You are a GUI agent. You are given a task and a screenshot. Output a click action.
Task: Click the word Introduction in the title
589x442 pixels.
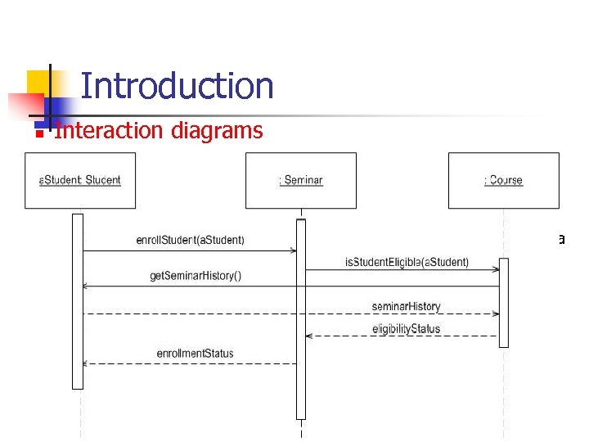pos(177,86)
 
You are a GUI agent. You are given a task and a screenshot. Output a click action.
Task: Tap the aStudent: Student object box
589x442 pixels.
pos(80,180)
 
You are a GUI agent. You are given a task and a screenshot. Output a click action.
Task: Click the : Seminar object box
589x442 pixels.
pos(300,180)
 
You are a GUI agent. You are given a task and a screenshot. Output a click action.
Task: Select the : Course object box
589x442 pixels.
pos(503,180)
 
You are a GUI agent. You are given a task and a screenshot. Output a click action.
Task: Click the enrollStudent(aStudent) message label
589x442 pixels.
pos(190,240)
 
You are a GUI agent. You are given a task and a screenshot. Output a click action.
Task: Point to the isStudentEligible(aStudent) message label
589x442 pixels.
pos(407,262)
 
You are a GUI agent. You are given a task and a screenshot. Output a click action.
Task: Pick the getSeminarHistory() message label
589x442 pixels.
pos(196,276)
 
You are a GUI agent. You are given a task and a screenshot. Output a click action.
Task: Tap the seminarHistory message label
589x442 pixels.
pos(406,306)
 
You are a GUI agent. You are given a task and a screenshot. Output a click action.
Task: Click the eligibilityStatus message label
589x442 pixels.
pos(406,328)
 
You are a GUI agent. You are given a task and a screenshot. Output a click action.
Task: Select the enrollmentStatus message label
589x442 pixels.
pos(195,354)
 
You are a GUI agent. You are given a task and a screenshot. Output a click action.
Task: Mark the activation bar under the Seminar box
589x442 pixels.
pos(300,319)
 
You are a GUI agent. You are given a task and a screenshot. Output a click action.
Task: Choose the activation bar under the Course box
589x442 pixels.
pos(503,302)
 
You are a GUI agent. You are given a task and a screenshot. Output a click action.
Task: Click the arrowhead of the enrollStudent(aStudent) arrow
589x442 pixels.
pos(292,250)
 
